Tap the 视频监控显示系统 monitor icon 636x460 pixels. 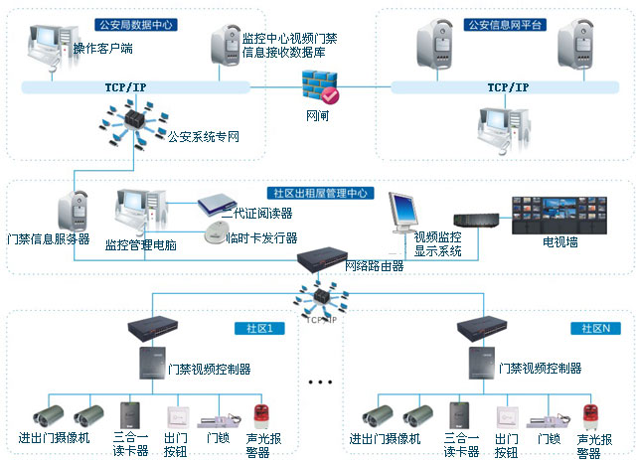(x=406, y=212)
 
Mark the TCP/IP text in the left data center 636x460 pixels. (x=127, y=87)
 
